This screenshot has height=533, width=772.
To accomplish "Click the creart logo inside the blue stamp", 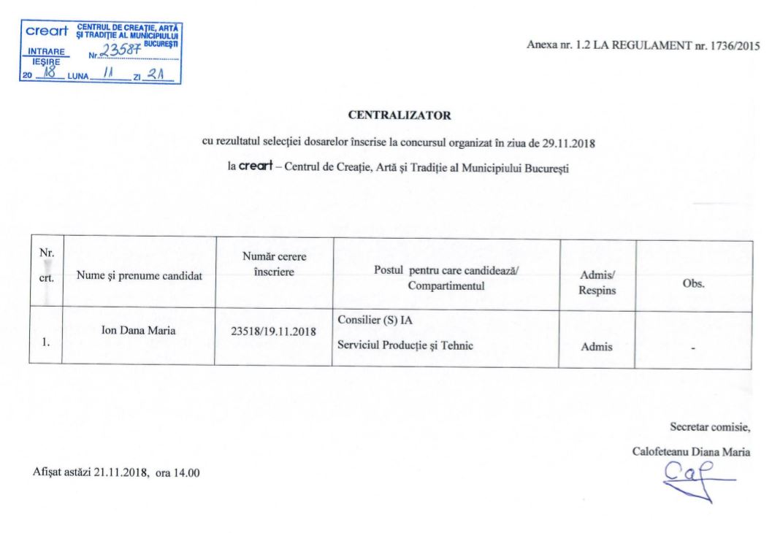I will click(47, 31).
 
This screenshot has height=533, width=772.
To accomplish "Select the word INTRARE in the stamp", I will click(45, 52).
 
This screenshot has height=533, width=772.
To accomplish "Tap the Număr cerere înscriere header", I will click(273, 264).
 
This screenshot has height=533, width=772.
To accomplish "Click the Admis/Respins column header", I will click(597, 282).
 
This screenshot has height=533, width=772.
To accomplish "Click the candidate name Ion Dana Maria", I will click(138, 330).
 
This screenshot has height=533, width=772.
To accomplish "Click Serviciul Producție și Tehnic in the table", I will click(405, 346).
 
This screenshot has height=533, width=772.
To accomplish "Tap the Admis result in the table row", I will click(596, 348).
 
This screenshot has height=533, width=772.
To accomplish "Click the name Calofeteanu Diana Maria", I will click(690, 452).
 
